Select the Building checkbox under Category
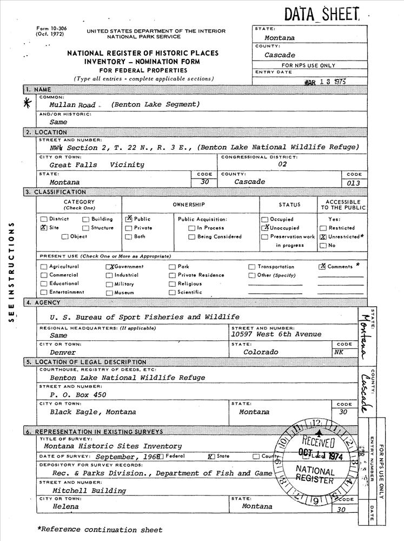tap(86, 219)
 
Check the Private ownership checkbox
tap(129, 228)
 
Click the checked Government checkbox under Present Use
tap(109, 267)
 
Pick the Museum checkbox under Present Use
tap(109, 293)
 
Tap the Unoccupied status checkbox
tap(265, 228)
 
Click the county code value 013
tap(354, 183)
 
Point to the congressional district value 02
tap(282, 164)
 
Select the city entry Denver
tap(63, 352)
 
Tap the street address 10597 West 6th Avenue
tap(276, 334)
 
